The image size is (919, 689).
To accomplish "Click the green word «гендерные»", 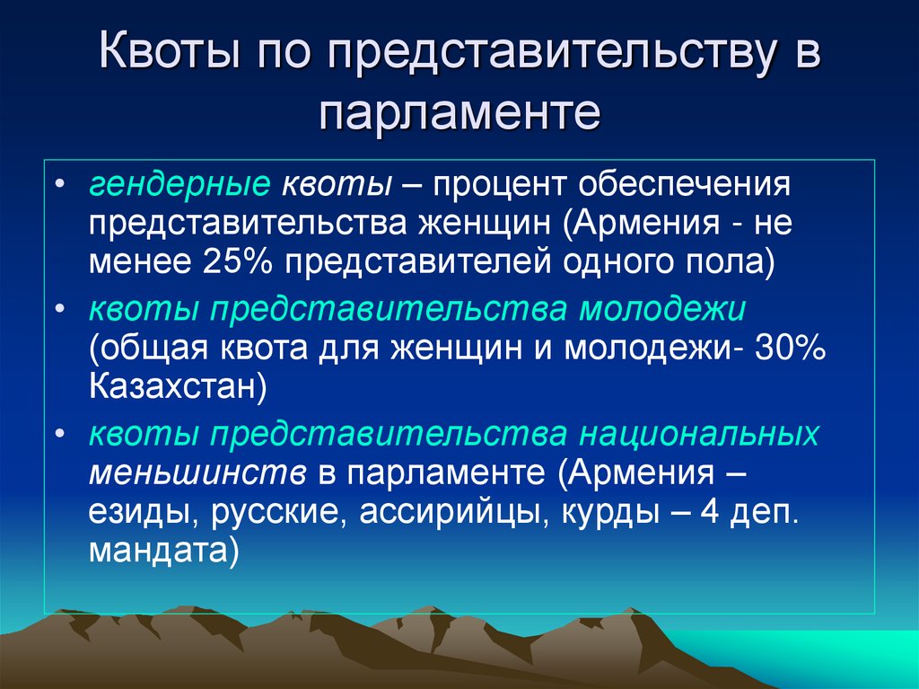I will point(179,186).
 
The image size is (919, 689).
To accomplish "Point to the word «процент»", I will point(499,186).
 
